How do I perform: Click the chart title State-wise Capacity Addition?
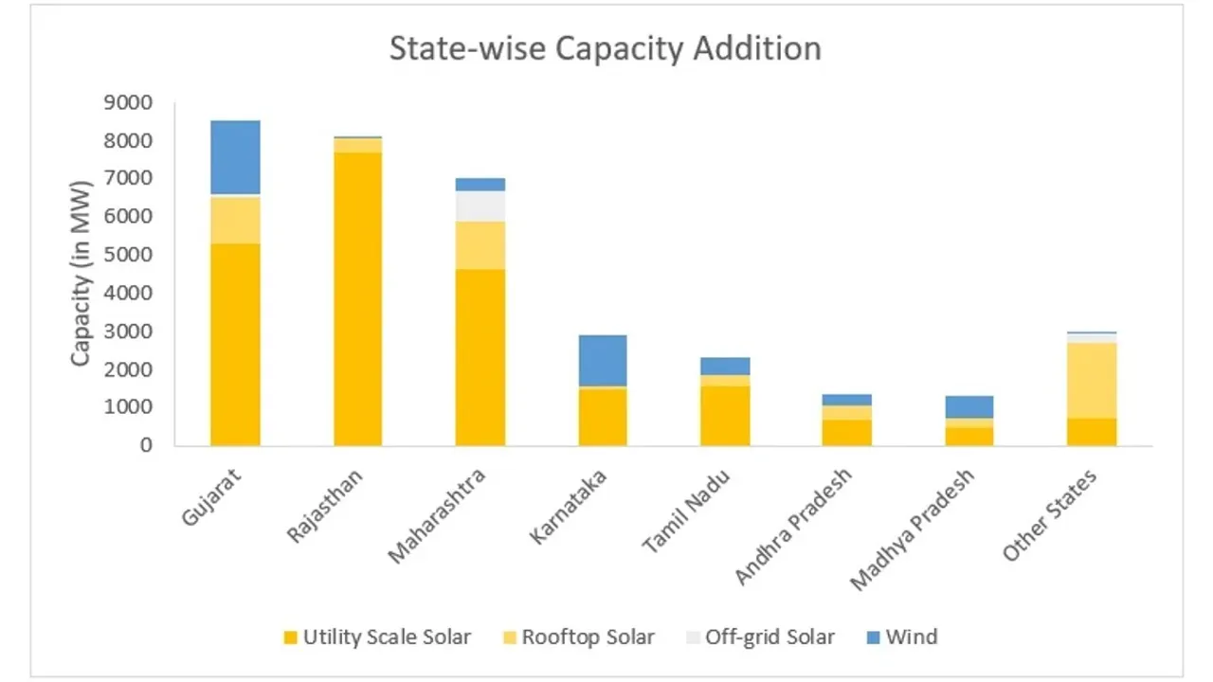click(x=606, y=48)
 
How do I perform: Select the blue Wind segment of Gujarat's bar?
click(x=235, y=157)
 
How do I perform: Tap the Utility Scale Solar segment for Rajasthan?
click(x=357, y=298)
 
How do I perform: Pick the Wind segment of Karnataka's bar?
click(x=603, y=360)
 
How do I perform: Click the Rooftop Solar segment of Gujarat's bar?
click(x=235, y=220)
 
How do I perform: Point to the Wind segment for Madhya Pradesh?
click(x=970, y=406)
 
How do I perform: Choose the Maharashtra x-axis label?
click(x=437, y=515)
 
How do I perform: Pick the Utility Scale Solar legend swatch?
click(x=291, y=637)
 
